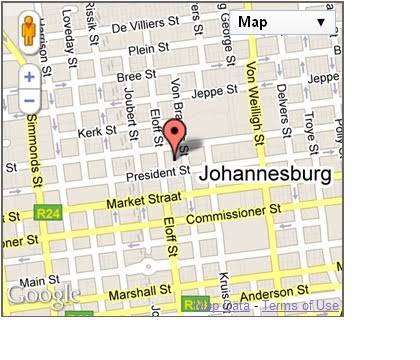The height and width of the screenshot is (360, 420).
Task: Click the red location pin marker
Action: [176, 137]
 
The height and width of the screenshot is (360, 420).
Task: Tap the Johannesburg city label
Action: [265, 175]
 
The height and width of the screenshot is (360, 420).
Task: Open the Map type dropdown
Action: [285, 21]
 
